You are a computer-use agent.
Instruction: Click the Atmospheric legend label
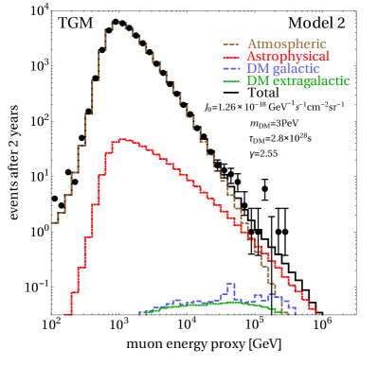point(287,44)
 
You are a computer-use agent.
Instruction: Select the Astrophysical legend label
point(288,57)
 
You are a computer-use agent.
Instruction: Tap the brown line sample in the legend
point(231,44)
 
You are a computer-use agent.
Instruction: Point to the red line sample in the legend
point(231,57)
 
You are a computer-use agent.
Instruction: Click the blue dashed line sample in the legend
point(231,70)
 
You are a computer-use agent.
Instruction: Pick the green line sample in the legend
point(231,82)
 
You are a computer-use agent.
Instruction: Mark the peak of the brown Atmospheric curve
point(116,22)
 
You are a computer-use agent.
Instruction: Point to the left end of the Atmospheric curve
point(53,223)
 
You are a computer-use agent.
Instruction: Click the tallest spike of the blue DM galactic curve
point(230,284)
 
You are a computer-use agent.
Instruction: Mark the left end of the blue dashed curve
point(140,312)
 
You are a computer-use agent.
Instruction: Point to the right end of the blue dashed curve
point(297,312)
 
